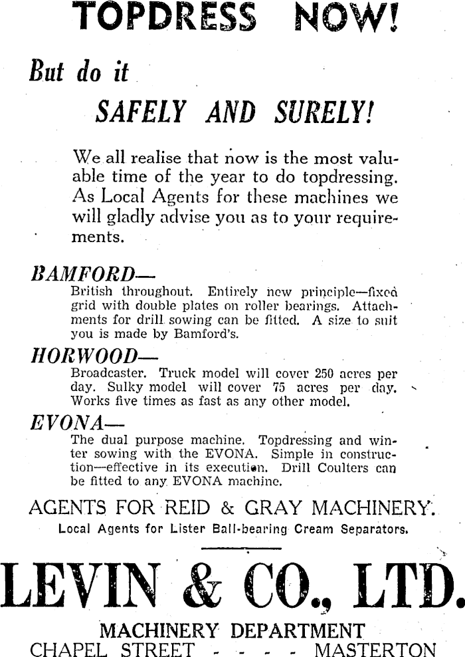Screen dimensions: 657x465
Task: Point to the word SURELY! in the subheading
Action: click(323, 112)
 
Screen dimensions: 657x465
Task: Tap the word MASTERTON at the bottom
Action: click(375, 649)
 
